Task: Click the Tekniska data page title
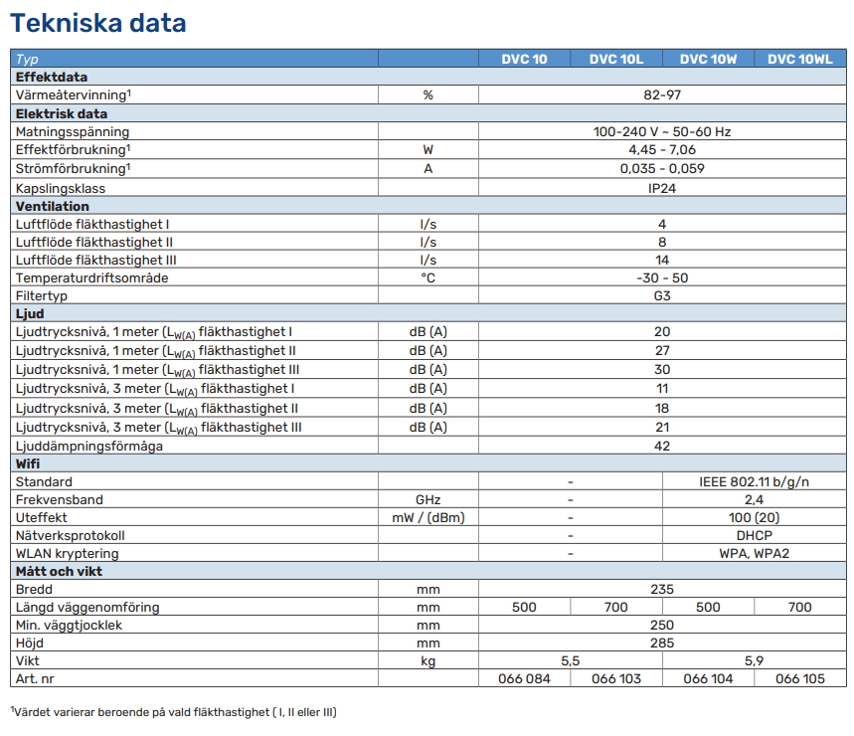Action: (x=98, y=23)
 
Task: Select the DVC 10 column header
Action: (x=524, y=59)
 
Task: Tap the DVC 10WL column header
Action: (x=799, y=59)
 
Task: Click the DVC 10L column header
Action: (x=616, y=59)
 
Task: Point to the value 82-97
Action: (x=662, y=94)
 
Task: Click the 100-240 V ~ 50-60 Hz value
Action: (x=662, y=131)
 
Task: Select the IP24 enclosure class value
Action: (x=662, y=188)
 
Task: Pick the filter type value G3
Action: (x=662, y=295)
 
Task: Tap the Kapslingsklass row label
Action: (x=61, y=188)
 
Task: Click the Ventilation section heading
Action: (x=53, y=206)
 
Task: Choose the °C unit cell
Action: (x=427, y=277)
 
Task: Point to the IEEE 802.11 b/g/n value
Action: (x=755, y=481)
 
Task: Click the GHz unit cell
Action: (x=427, y=499)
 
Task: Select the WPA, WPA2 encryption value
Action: (x=755, y=553)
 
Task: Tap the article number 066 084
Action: (x=524, y=678)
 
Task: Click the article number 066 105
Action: (x=800, y=678)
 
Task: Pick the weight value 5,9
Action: (x=755, y=660)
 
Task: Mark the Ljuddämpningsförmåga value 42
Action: (x=662, y=446)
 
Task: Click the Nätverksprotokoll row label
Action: (x=71, y=535)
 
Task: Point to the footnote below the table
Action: (x=174, y=712)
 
